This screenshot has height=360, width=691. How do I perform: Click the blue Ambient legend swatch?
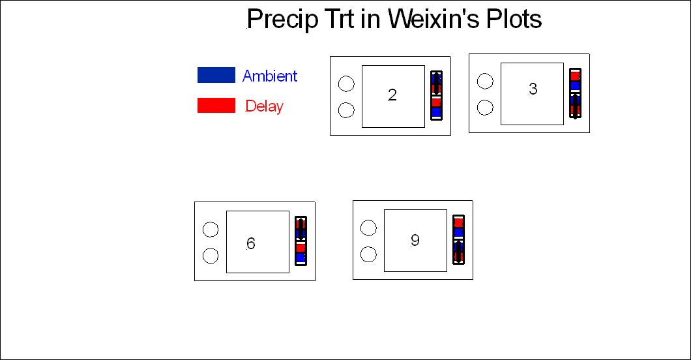point(216,75)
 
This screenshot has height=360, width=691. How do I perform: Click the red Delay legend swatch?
point(216,105)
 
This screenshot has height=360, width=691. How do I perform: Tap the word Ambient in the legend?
point(270,76)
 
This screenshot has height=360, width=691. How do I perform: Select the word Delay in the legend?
point(265,106)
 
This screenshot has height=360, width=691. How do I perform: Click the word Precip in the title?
point(282,20)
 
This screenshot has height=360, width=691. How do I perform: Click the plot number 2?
point(392,95)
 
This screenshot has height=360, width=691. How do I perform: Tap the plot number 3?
point(533,89)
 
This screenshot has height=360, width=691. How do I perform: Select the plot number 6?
point(251,243)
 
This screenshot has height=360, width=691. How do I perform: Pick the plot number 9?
point(415,240)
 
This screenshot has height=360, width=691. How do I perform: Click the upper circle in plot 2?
point(346,83)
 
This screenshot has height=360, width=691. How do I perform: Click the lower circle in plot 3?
point(485,108)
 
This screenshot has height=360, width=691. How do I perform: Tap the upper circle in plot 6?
point(211,230)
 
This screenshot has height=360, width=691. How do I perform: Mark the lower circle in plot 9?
point(368,254)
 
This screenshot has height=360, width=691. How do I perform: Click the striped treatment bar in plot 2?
point(436,95)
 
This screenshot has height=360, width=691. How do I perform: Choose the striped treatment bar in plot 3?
point(575,93)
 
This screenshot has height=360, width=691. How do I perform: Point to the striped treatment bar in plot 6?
point(301,241)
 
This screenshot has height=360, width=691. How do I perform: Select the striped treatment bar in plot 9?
point(458,240)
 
